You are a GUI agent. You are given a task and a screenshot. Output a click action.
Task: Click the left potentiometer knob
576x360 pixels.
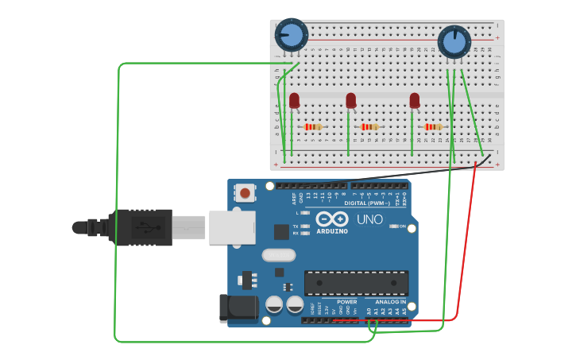[x=291, y=35]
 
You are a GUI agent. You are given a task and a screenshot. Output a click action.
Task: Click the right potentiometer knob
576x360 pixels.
[x=454, y=41]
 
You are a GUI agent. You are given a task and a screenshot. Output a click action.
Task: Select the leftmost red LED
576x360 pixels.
[x=294, y=101]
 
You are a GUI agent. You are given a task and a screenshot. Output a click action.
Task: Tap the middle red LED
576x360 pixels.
[x=351, y=100]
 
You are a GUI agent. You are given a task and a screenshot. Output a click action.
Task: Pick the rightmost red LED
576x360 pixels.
[x=414, y=100]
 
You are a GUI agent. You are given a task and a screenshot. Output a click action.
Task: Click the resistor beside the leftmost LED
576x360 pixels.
[x=314, y=126]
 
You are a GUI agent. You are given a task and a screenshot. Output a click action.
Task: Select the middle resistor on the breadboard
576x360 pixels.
[x=369, y=126]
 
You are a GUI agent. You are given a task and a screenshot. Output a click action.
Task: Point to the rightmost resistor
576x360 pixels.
[x=432, y=126]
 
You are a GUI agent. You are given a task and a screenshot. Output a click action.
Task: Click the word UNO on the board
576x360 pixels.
[x=369, y=220]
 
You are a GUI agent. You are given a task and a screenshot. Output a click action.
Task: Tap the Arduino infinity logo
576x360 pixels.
[x=332, y=219]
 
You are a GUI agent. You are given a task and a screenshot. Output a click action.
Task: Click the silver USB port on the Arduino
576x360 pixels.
[x=232, y=227]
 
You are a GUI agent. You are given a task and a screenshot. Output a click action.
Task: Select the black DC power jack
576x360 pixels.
[x=238, y=308]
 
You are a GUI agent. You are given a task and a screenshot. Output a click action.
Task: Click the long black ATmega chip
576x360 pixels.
[x=356, y=282]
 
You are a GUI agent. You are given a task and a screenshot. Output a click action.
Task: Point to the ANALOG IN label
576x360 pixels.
[x=390, y=302]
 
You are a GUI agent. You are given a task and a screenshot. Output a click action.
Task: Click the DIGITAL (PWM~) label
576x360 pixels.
[x=366, y=203]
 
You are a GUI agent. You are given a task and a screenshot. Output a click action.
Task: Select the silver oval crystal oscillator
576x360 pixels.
[x=276, y=255]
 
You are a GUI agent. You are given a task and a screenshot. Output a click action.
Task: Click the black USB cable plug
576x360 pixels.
[x=140, y=228]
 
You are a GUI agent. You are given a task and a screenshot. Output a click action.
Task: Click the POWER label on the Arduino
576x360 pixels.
[x=347, y=302]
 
